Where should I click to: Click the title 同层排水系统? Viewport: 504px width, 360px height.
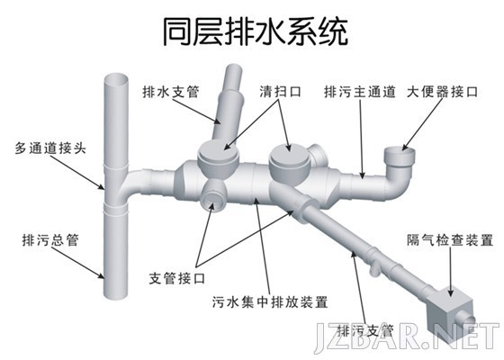click(x=256, y=31)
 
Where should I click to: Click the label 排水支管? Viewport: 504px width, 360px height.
click(x=171, y=92)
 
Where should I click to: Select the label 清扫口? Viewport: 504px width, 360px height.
click(x=280, y=92)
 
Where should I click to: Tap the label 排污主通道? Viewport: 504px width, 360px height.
click(x=360, y=92)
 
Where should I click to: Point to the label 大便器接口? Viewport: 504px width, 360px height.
click(x=442, y=92)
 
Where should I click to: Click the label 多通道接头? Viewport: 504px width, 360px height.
click(x=50, y=148)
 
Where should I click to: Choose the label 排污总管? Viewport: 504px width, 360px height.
click(x=50, y=239)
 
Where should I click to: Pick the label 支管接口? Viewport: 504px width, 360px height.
click(x=177, y=278)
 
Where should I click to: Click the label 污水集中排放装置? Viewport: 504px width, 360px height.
click(x=270, y=302)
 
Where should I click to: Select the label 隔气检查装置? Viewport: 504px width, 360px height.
click(x=450, y=240)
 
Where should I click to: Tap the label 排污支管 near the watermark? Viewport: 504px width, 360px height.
click(x=365, y=330)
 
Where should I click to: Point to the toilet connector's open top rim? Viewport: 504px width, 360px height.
click(x=400, y=151)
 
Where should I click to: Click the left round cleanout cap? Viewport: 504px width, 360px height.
click(x=219, y=150)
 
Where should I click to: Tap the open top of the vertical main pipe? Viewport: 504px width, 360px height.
click(x=116, y=79)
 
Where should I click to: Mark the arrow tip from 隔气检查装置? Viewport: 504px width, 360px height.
click(x=451, y=296)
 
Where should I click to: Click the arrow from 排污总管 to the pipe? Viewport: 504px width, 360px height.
click(x=77, y=262)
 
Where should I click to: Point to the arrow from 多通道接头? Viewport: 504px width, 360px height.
click(x=77, y=173)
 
